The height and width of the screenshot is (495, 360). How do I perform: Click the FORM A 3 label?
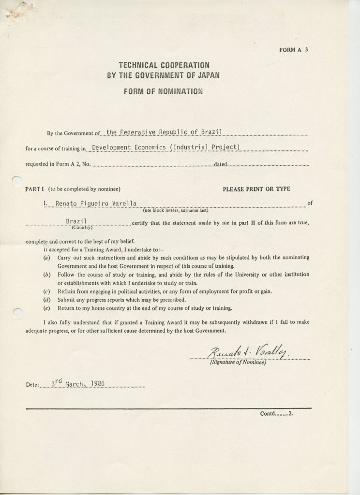(293, 49)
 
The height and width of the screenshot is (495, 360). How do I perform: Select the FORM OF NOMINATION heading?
(163, 91)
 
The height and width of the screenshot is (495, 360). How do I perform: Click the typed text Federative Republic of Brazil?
(171, 131)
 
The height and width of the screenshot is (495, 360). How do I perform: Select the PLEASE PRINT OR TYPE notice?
(256, 189)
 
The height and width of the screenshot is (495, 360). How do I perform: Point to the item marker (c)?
(47, 291)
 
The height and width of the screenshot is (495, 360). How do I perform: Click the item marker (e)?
(47, 308)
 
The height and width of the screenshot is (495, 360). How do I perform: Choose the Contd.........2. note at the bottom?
(277, 414)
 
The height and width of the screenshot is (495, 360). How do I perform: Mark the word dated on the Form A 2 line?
(220, 164)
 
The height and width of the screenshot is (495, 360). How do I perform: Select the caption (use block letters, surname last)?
(175, 211)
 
